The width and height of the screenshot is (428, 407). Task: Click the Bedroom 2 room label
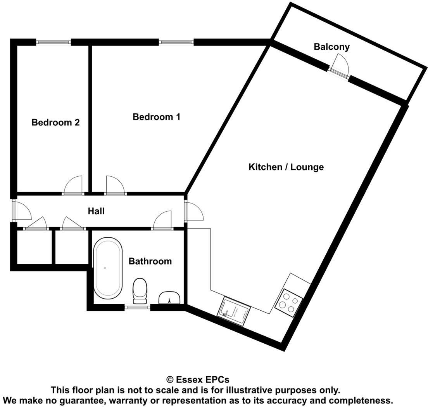pyautogui.click(x=55, y=122)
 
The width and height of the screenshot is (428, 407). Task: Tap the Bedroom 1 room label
pyautogui.click(x=156, y=117)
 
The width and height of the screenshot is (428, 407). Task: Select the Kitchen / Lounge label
pyautogui.click(x=286, y=167)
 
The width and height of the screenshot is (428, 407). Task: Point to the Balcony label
pyautogui.click(x=331, y=47)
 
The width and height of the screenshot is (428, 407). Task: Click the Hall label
pyautogui.click(x=96, y=211)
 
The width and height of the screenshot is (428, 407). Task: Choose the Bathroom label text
pyautogui.click(x=150, y=261)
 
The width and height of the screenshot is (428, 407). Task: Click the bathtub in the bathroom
pyautogui.click(x=108, y=268)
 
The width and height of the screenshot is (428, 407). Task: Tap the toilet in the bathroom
pyautogui.click(x=140, y=290)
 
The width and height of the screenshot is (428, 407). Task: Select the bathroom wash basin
pyautogui.click(x=169, y=297)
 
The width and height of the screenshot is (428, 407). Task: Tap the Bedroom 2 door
pyautogui.click(x=73, y=186)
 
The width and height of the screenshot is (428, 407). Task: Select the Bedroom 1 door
pyautogui.click(x=116, y=186)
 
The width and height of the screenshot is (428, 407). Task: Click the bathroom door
pyautogui.click(x=162, y=221)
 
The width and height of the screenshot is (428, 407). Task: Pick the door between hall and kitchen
pyautogui.click(x=193, y=212)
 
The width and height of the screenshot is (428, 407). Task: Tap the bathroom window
pyautogui.click(x=138, y=307)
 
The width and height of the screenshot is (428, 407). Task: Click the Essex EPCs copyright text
pyautogui.click(x=198, y=379)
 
